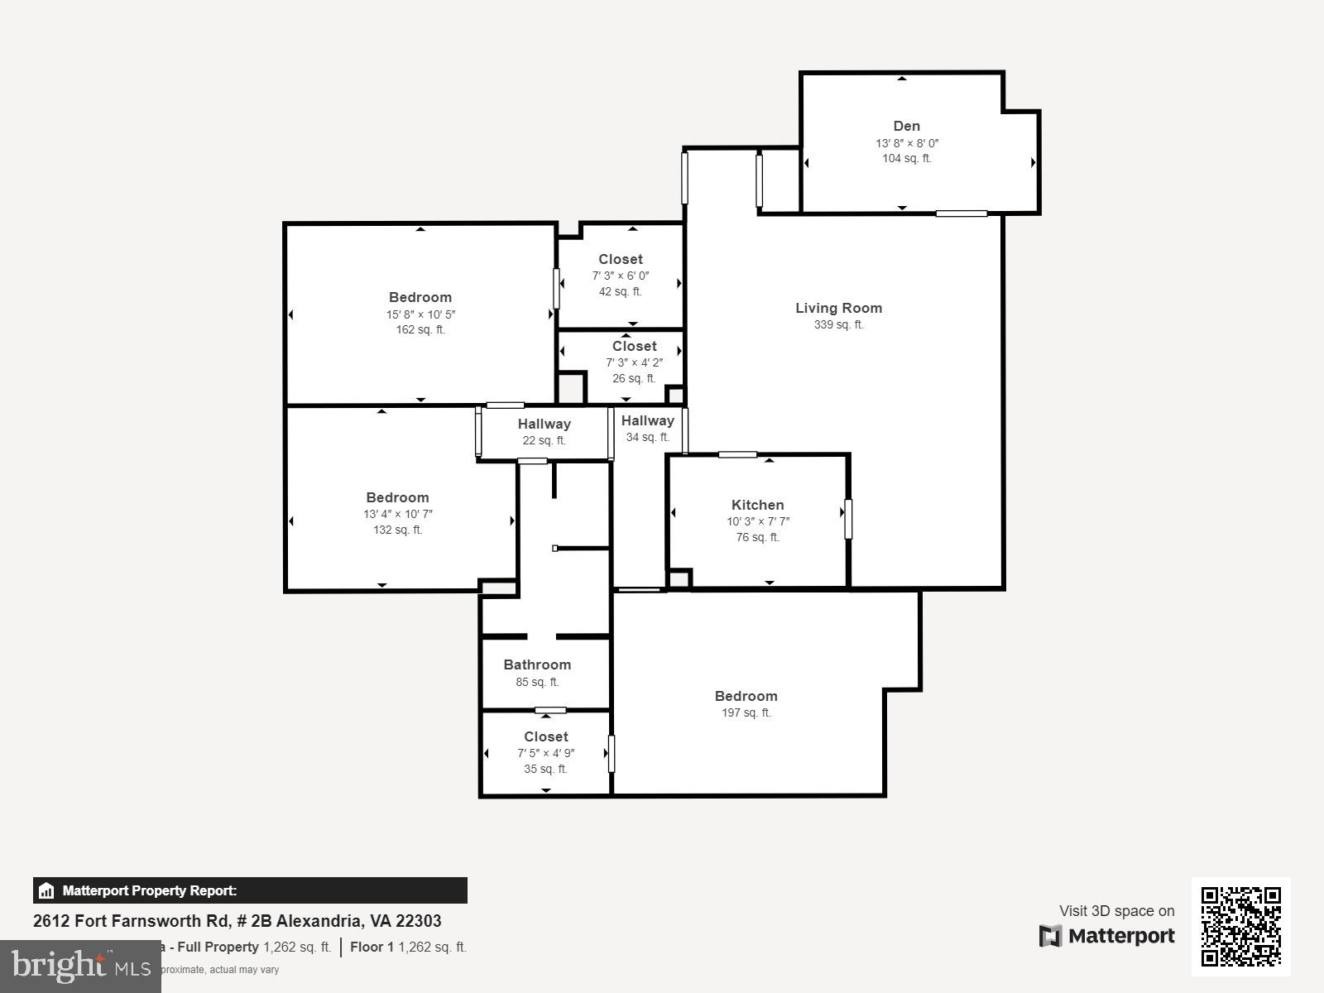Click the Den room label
906,127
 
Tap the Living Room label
838,308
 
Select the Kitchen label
757,505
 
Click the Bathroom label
537,664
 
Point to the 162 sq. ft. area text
420,329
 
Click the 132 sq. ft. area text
397,530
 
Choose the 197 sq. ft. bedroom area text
746,712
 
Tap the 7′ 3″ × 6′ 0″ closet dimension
620,276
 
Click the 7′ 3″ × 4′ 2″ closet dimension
634,362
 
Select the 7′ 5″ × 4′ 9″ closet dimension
545,753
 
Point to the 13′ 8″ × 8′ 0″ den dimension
906,143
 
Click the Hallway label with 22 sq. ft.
544,424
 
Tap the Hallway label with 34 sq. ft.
647,420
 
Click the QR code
1240,926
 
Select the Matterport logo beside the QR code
1107,936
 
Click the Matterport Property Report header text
149,891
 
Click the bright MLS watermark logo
80,966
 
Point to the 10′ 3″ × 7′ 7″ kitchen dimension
757,521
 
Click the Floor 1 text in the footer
372,947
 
